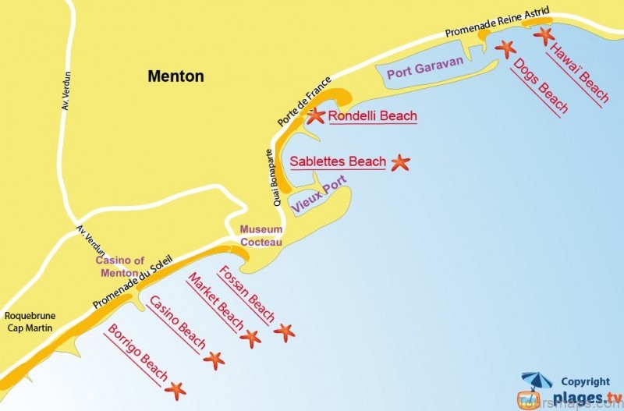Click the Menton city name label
pos(175,76)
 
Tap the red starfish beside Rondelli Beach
pos(315,116)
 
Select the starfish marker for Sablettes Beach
pos(399,162)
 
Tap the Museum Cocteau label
pos(261,236)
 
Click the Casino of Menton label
pos(119,267)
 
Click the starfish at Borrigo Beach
pos(176,388)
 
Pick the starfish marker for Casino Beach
pos(214,360)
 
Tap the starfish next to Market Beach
pos(250,338)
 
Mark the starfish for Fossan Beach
pos(284,332)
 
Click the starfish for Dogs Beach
pos(506,48)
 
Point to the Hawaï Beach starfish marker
pos(544,34)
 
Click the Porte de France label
pos(305,102)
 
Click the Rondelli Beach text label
pos(372,116)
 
